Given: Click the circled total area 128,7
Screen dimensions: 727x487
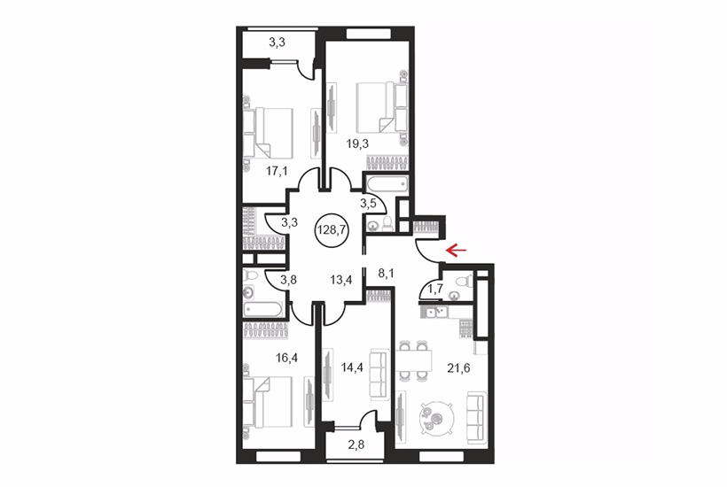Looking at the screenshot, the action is coord(332,228).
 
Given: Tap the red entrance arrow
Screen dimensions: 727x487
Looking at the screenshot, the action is coord(457,251).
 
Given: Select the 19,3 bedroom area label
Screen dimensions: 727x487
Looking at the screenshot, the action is coord(357,144).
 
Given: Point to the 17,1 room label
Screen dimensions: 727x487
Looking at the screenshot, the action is coord(277,171).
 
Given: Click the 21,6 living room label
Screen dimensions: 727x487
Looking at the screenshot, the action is coord(458,368).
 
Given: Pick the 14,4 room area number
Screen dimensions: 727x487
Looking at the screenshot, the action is coord(352,367).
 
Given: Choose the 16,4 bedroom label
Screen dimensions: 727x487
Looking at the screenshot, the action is coord(287,358).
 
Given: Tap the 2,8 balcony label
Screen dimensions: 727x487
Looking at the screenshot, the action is coord(356,444).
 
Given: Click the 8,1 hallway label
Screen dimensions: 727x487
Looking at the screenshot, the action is coord(387,274).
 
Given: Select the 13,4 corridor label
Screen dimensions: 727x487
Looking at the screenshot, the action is coord(341,280).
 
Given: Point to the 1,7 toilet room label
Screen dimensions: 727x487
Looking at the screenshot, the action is coord(435,289).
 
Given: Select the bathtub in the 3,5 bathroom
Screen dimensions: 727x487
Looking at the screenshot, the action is coord(387,184).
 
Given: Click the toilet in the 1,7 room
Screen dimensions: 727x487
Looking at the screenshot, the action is coord(464,281).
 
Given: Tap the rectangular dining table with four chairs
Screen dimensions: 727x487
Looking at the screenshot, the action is coord(413,360).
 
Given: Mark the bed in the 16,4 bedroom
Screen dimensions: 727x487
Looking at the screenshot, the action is coord(268,401).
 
